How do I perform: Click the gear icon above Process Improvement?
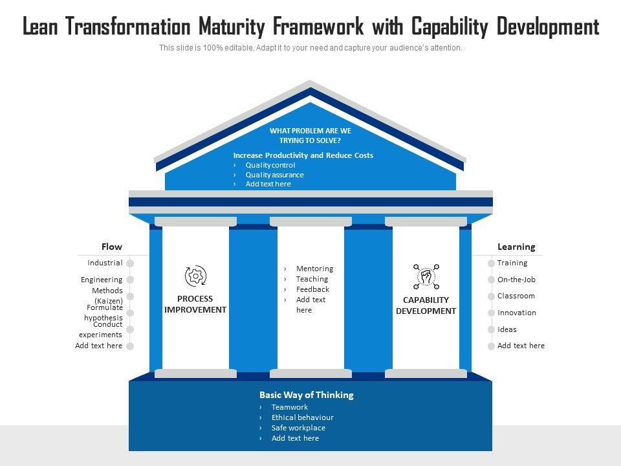coord(195,276)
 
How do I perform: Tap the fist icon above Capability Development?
coord(426,277)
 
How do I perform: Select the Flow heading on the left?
coord(111,247)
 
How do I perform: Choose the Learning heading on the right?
coord(516,247)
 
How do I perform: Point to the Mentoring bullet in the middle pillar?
coord(314,269)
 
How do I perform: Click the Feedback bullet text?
coord(312,289)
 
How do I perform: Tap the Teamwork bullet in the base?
coord(289,407)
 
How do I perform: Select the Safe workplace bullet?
coord(298,428)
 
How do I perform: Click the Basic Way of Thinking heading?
coord(306,395)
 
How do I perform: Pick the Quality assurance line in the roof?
coord(274,175)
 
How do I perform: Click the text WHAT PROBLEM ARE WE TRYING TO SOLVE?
coord(310,135)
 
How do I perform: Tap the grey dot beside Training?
coord(490,263)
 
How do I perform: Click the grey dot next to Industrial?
coord(130,263)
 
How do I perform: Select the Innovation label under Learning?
coord(516,313)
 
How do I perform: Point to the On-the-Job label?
coord(516,280)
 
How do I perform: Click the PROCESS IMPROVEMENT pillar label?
coord(195,304)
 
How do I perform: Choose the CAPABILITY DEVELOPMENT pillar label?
coord(426,305)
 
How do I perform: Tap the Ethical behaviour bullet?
coord(302,417)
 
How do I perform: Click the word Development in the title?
coord(548,27)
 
